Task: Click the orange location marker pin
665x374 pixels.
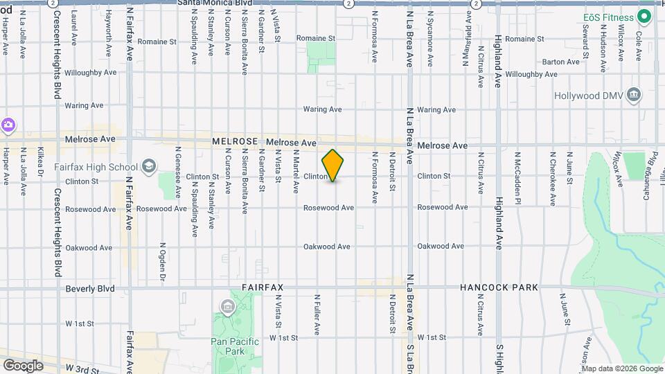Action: [x=332, y=165]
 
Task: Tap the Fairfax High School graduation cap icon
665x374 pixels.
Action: [x=149, y=166]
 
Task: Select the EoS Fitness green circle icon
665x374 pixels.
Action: [x=644, y=17]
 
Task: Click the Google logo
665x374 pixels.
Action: [x=23, y=365]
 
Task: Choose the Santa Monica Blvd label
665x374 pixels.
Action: [x=213, y=3]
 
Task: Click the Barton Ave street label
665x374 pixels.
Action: [x=560, y=62]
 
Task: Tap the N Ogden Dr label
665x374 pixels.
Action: [x=162, y=262]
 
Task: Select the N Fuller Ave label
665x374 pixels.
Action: [x=317, y=315]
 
